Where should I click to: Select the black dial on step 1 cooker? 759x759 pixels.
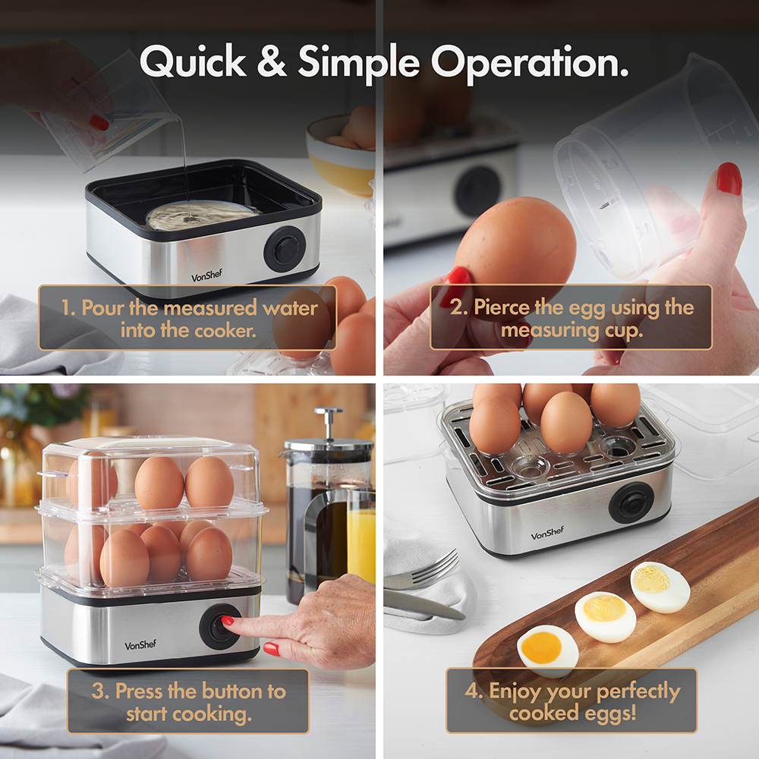point(285,249)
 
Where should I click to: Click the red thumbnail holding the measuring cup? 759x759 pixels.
point(729,179)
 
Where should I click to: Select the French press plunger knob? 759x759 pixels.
point(329,414)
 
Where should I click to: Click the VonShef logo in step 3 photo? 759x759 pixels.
point(141,645)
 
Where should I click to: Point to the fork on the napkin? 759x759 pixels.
point(421,572)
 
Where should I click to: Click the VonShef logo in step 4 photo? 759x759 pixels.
point(547,534)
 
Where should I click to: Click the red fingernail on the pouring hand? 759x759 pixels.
point(99,122)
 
